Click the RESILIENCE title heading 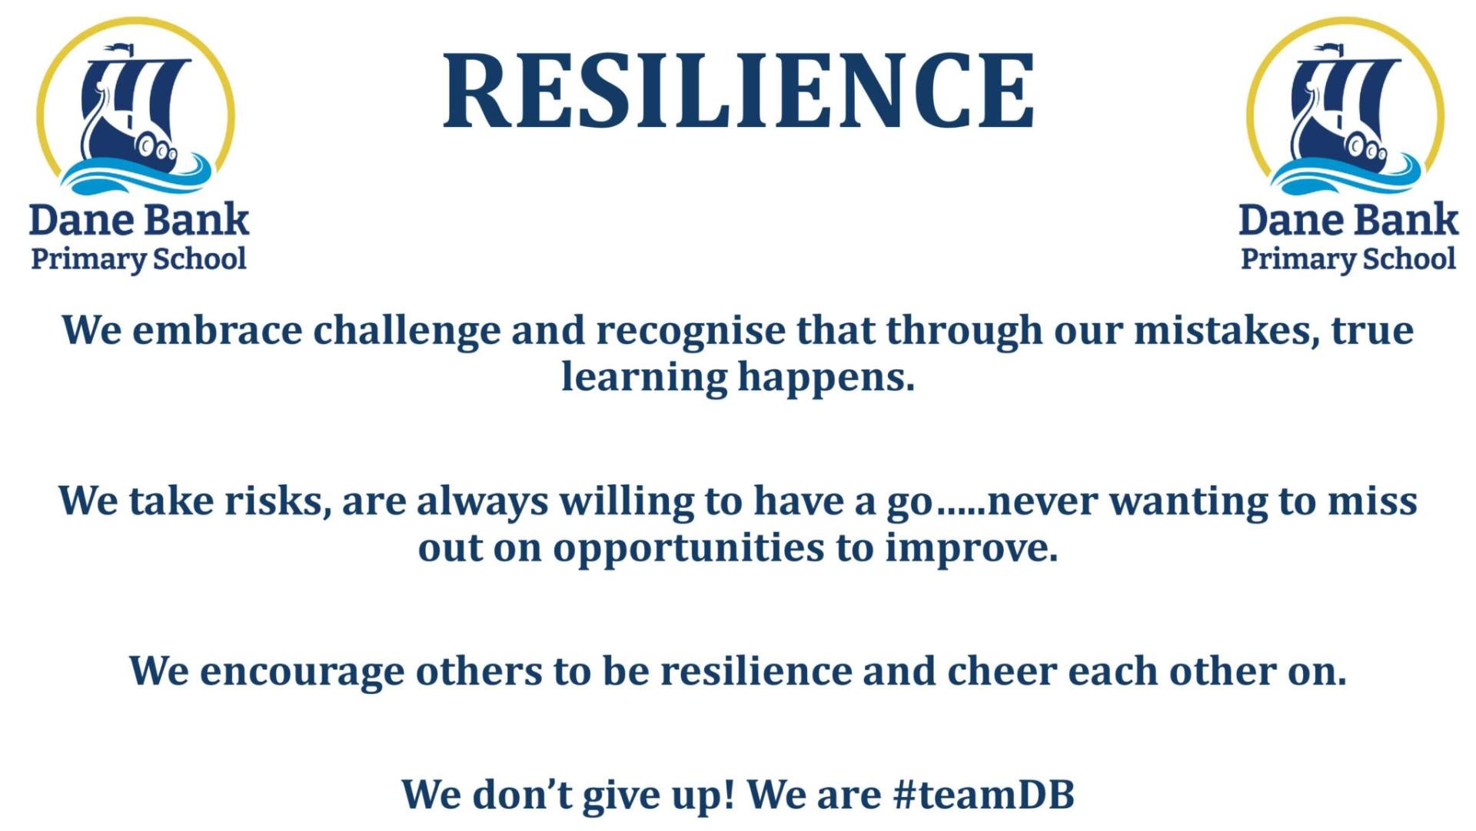tap(738, 90)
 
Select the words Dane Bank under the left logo tap(139, 220)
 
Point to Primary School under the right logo tap(1348, 259)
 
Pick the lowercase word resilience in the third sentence tap(756, 671)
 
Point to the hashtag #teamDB tap(984, 794)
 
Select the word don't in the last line tap(523, 794)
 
